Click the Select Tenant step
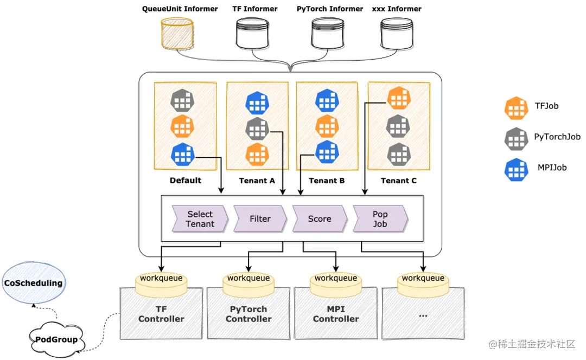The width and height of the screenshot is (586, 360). point(200,219)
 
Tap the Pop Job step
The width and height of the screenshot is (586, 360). point(380,219)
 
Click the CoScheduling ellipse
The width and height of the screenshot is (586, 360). point(33,282)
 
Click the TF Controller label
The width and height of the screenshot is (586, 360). point(161,314)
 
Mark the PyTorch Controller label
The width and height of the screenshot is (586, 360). point(249,314)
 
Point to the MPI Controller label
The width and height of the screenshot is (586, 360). point(336,314)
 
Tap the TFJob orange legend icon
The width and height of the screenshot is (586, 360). point(516,108)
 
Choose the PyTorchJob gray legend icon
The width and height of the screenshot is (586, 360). point(516,139)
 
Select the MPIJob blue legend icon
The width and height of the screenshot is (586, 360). point(516,169)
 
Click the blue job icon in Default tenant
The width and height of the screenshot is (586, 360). point(183,154)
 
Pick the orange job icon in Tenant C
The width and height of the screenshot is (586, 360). point(399,98)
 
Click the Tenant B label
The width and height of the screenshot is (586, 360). point(327,181)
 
